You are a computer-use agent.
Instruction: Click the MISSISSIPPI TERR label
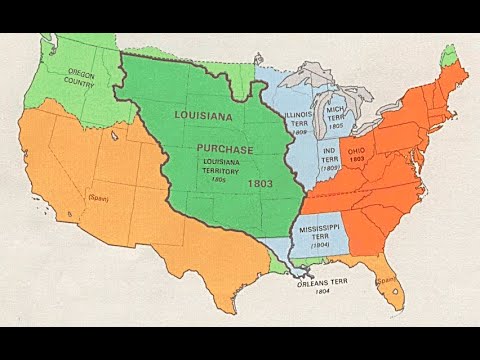(321, 232)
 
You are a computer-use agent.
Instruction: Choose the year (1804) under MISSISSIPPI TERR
(321, 243)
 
